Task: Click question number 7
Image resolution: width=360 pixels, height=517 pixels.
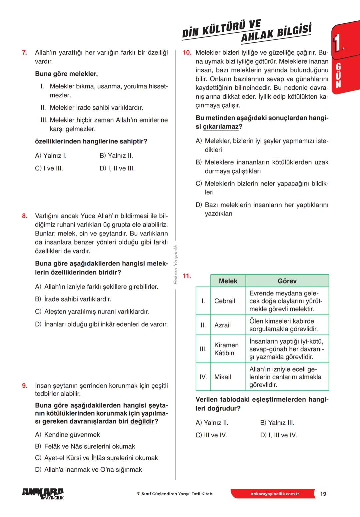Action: (x=24, y=53)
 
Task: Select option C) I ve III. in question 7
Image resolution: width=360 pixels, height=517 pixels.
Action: (x=49, y=168)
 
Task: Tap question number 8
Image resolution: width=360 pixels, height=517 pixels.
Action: (x=25, y=216)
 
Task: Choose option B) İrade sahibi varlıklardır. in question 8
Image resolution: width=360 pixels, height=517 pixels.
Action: (x=73, y=299)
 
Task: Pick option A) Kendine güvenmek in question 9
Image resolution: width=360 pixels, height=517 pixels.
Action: (x=67, y=435)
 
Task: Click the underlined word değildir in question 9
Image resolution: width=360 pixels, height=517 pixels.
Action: (x=142, y=421)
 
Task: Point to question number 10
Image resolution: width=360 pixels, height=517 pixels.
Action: (x=187, y=53)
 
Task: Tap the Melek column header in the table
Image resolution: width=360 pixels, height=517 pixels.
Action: (x=228, y=281)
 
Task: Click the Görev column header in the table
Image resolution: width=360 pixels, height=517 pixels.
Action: (x=287, y=281)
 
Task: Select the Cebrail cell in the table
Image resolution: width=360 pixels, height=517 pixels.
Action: (x=225, y=301)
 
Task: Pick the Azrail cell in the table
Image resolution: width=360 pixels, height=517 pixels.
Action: (x=222, y=325)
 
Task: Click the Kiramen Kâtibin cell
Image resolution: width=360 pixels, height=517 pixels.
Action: (x=226, y=349)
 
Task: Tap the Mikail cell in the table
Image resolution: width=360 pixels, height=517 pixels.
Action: (x=223, y=377)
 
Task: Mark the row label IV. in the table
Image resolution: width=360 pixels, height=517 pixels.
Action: (x=203, y=377)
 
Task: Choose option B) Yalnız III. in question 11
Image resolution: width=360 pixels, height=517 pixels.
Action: (x=277, y=423)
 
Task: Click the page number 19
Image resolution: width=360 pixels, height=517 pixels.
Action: (x=323, y=494)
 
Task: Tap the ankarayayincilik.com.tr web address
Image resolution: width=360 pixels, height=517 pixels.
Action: (x=275, y=494)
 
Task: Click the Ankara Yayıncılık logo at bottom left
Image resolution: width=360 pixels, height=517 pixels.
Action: (x=43, y=494)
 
